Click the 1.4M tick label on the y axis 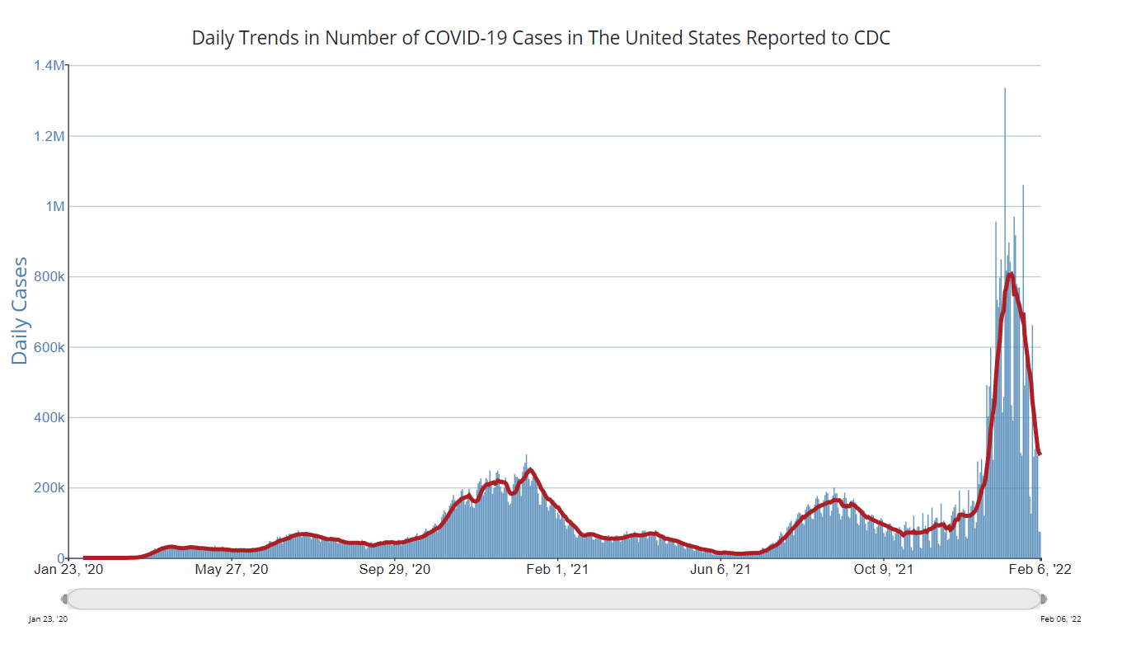coord(48,65)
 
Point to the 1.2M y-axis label coord(48,136)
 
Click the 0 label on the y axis coord(60,557)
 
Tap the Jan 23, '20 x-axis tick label coord(69,570)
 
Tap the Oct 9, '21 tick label coord(884,570)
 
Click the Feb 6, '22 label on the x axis coord(1041,570)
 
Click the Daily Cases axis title coord(20,311)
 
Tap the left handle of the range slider coord(65,599)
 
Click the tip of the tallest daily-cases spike coord(1004,88)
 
